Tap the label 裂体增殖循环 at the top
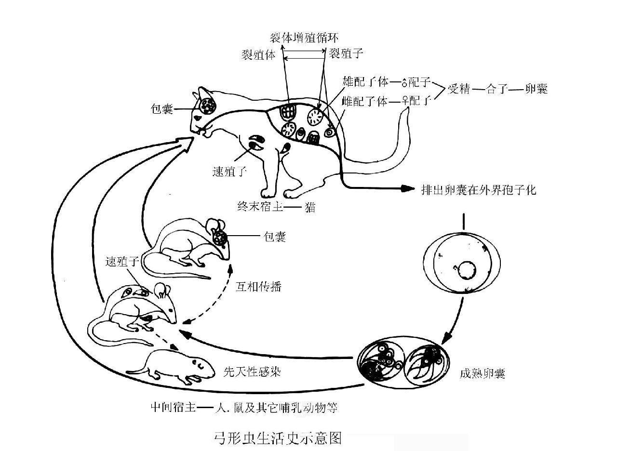(x=307, y=38)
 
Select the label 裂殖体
(x=258, y=54)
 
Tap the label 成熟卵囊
(x=483, y=373)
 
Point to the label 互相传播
(x=258, y=287)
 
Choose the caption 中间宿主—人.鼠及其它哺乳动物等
(x=243, y=408)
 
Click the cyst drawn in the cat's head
(x=209, y=106)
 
